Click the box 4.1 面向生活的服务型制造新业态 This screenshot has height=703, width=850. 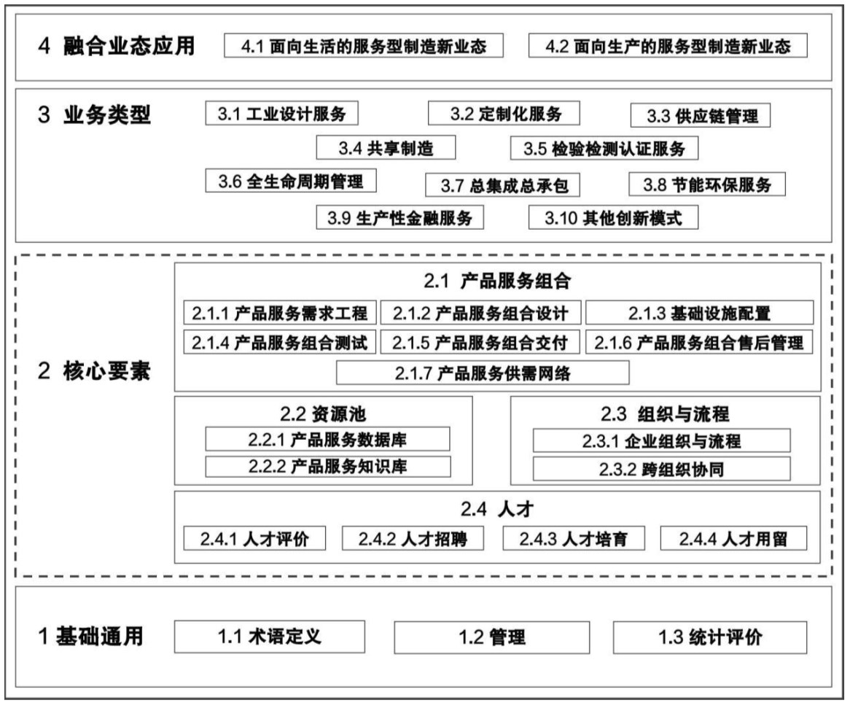tap(364, 45)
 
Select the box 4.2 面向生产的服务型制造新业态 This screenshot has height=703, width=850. tap(668, 45)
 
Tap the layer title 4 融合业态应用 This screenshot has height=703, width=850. tap(117, 46)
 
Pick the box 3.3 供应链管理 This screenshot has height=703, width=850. tap(701, 115)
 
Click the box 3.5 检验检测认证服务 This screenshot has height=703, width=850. tap(604, 148)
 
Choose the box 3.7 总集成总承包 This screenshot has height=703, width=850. tap(502, 185)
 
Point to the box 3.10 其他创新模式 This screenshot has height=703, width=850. tap(613, 217)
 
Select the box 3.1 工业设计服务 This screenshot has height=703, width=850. tap(281, 113)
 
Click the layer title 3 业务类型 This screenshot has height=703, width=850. tap(94, 115)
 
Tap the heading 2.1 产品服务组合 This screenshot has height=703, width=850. tap(497, 281)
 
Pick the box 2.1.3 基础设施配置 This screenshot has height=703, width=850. tap(699, 313)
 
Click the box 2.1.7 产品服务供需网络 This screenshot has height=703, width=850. tap(483, 373)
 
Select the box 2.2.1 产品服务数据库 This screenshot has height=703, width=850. tap(327, 439)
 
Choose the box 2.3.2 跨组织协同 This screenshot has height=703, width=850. tap(661, 469)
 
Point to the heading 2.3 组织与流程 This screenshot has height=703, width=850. tap(665, 414)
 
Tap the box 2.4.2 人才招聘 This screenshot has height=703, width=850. tap(413, 539)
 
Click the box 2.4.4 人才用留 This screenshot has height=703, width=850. tap(733, 539)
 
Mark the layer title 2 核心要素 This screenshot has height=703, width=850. tap(94, 371)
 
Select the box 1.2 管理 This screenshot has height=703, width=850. tap(491, 637)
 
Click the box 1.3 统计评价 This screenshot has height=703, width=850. tap(710, 637)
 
